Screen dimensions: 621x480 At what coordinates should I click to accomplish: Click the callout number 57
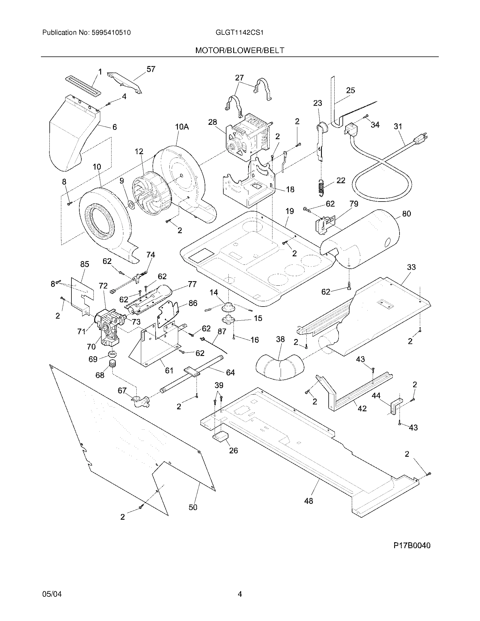pyautogui.click(x=151, y=69)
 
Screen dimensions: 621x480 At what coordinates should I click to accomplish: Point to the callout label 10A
pyautogui.click(x=182, y=127)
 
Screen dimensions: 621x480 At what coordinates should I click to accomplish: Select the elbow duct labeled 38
pyautogui.click(x=280, y=367)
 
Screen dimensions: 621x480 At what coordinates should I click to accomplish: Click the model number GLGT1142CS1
pyautogui.click(x=239, y=33)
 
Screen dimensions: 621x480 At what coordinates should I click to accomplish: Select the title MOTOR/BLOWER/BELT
pyautogui.click(x=239, y=51)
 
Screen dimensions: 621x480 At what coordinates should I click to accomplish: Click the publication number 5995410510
pyautogui.click(x=111, y=33)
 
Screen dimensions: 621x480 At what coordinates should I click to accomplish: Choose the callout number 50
pyautogui.click(x=193, y=507)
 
